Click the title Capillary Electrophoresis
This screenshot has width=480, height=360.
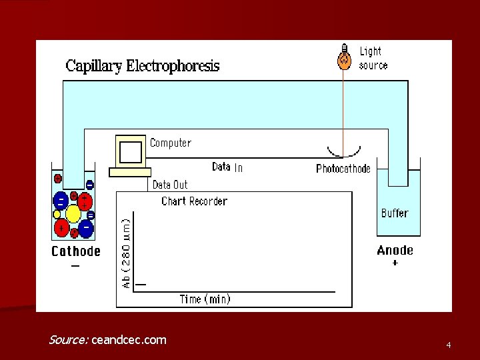tap(142, 66)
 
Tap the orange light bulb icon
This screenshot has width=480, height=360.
tap(344, 58)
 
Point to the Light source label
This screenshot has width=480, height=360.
tap(373, 58)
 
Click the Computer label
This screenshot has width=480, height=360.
tap(170, 143)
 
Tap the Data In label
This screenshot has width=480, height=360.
tap(227, 167)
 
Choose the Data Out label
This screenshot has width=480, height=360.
tap(170, 185)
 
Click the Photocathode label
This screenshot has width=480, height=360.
tap(343, 169)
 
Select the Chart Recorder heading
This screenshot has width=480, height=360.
tap(194, 201)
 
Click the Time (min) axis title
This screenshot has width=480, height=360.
tap(205, 299)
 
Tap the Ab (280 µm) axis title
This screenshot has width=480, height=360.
tap(126, 250)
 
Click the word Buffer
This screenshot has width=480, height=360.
tap(394, 213)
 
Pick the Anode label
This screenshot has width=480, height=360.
tap(395, 251)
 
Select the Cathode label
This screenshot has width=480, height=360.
tap(76, 251)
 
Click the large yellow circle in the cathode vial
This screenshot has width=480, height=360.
tap(73, 214)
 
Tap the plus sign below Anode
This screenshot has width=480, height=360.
tap(395, 263)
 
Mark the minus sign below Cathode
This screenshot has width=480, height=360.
tap(75, 265)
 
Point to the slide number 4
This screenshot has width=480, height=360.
tap(449, 345)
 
